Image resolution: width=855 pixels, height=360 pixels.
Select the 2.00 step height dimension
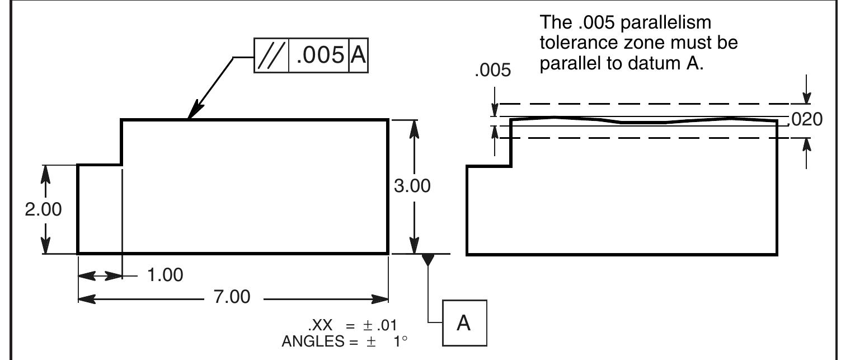(44, 210)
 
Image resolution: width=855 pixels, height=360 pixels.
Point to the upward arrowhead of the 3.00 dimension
(413, 127)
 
